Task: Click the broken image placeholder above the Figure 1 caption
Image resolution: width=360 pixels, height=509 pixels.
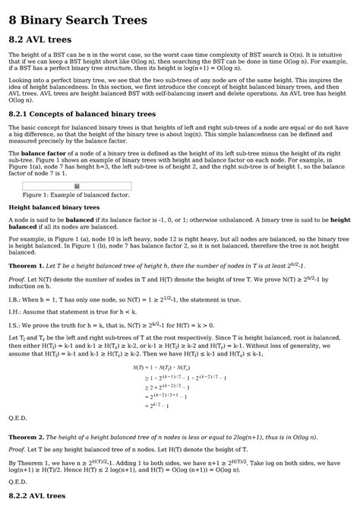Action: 75,185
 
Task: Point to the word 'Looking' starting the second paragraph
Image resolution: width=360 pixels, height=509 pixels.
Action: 21,79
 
